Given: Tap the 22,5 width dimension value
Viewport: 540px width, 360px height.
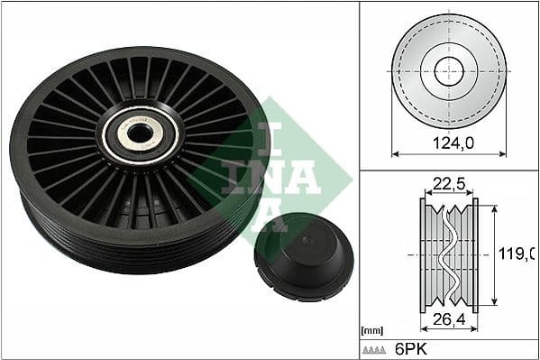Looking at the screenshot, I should click(448, 184).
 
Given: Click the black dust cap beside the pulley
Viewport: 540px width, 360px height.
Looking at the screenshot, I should click(303, 257).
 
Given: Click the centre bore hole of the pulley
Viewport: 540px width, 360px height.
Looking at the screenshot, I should click(139, 134).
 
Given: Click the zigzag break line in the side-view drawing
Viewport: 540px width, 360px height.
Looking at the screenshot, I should click(449, 254).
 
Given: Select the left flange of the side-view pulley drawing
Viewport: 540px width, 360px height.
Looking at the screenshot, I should click(424, 254).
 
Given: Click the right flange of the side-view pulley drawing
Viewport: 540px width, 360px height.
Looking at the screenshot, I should click(475, 254).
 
